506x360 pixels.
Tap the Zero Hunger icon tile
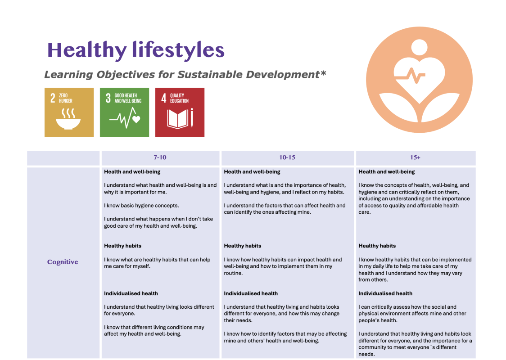(x=69, y=112)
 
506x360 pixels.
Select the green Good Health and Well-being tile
(x=124, y=112)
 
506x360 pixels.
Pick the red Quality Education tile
(x=180, y=112)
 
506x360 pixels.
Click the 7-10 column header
(x=160, y=157)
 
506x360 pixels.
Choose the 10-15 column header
(x=287, y=157)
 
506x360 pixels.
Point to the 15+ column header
(x=415, y=157)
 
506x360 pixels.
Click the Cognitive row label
(x=63, y=262)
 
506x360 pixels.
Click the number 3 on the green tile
(x=108, y=98)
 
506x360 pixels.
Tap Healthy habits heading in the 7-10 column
(x=122, y=246)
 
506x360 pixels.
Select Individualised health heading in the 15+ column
(x=385, y=293)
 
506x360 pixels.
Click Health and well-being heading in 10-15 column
(x=252, y=171)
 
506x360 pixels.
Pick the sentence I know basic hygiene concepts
(x=141, y=206)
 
